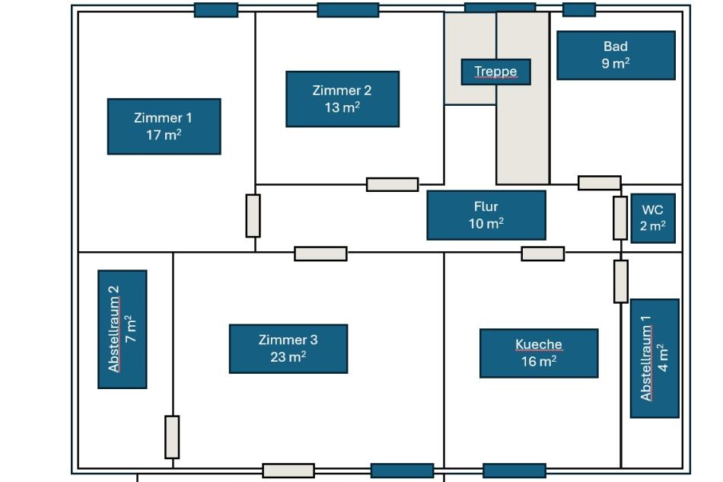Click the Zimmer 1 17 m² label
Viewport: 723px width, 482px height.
164,126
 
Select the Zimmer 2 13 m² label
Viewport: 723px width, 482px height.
342,99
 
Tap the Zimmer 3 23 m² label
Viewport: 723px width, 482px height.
288,349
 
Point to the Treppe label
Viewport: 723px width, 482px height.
495,72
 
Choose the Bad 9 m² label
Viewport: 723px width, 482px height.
616,55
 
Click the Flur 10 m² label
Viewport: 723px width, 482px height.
486,215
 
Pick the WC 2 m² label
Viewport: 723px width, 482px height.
653,218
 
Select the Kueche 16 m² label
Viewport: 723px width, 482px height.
539,353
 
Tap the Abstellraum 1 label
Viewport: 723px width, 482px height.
655,358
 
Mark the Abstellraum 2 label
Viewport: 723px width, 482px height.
123,329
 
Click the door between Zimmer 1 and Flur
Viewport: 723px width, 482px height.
253,215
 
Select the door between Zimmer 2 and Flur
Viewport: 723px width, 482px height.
392,184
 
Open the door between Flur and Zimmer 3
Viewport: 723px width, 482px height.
320,254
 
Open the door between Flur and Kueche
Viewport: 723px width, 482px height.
543,254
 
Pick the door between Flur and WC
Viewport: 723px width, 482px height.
620,218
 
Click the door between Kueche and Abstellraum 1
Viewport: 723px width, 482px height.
621,281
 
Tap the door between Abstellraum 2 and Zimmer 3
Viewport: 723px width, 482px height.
172,437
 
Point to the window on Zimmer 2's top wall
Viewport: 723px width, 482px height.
348,10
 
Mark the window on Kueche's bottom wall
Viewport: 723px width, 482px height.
514,471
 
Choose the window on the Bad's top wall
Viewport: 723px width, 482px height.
579,9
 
